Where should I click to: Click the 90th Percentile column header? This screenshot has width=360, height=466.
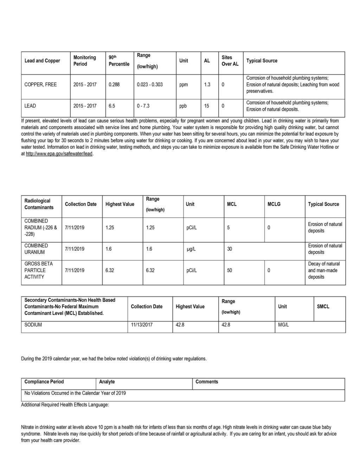pyautogui.click(x=119, y=61)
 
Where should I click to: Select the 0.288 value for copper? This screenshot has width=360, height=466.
pyautogui.click(x=114, y=85)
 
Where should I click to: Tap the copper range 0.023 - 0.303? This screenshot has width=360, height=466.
pyautogui.click(x=150, y=85)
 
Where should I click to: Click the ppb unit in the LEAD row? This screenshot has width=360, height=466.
pyautogui.click(x=183, y=106)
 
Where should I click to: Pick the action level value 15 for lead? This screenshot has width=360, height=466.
pyautogui.click(x=207, y=106)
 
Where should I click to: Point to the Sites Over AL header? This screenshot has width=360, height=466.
pyautogui.click(x=230, y=61)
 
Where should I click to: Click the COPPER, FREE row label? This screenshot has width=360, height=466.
pyautogui.click(x=40, y=85)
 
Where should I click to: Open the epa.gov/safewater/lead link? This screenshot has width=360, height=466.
pyautogui.click(x=59, y=154)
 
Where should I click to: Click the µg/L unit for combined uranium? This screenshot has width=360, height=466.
pyautogui.click(x=191, y=249)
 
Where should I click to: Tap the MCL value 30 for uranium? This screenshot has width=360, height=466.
pyautogui.click(x=230, y=249)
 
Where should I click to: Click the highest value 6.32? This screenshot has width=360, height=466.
pyautogui.click(x=110, y=270)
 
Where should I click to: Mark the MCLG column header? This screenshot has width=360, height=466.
pyautogui.click(x=274, y=204)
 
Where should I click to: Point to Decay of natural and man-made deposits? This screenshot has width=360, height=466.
pyautogui.click(x=324, y=270)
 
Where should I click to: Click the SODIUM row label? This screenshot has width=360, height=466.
pyautogui.click(x=33, y=325)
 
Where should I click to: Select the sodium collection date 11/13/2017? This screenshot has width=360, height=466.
pyautogui.click(x=142, y=325)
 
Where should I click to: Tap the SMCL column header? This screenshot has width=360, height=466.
pyautogui.click(x=323, y=307)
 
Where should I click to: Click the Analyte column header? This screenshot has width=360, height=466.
pyautogui.click(x=107, y=382)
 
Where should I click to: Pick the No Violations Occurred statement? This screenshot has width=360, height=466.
pyautogui.click(x=75, y=393)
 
